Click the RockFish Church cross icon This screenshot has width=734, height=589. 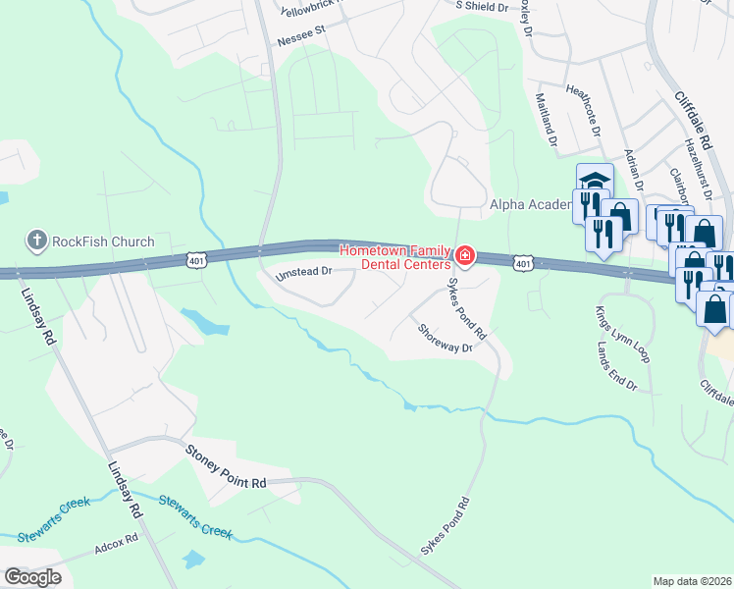[x=36, y=241]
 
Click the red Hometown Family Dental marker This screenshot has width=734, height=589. [x=464, y=258]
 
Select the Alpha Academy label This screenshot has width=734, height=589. [x=531, y=204]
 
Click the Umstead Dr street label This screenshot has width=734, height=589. [x=305, y=272]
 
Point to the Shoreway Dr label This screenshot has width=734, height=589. [x=446, y=339]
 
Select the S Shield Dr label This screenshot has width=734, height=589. [x=483, y=6]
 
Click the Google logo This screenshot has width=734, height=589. [x=32, y=577]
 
